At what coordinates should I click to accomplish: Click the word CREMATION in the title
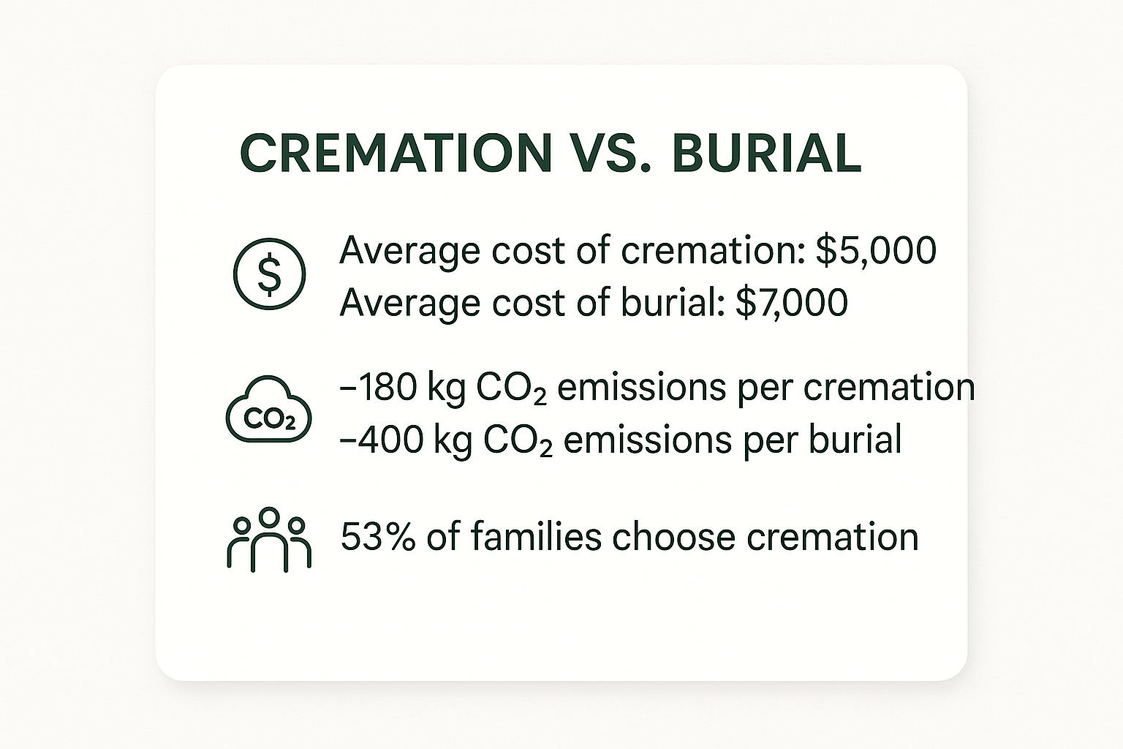click(394, 153)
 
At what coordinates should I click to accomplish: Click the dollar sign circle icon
click(269, 274)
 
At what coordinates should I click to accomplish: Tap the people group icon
click(269, 539)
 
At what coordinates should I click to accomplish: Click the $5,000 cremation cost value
click(876, 251)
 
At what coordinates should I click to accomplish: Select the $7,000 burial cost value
click(791, 302)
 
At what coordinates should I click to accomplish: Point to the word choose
click(663, 537)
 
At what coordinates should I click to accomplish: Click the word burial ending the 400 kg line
click(855, 440)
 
